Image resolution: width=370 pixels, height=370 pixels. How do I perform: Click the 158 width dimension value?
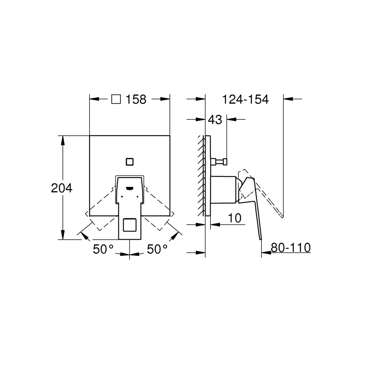pyautogui.click(x=136, y=99)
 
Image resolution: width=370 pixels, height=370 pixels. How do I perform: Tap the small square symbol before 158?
pyautogui.click(x=117, y=99)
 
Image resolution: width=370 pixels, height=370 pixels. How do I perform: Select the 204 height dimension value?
pyautogui.click(x=62, y=188)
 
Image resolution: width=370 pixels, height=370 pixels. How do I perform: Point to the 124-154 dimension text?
pyautogui.click(x=245, y=99)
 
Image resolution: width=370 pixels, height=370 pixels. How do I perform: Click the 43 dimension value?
pyautogui.click(x=215, y=120)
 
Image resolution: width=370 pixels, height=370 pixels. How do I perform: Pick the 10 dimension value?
pyautogui.click(x=234, y=218)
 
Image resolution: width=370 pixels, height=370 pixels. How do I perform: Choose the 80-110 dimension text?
pyautogui.click(x=290, y=247)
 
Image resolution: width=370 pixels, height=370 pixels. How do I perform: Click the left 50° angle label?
pyautogui.click(x=103, y=249)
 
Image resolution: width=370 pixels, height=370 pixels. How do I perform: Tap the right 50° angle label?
pyautogui.click(x=157, y=249)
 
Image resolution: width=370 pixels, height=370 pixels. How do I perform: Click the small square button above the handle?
pyautogui.click(x=130, y=161)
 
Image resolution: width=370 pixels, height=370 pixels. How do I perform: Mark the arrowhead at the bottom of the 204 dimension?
pyautogui.click(x=62, y=236)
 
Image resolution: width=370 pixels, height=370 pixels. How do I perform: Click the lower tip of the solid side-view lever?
pyautogui.click(x=261, y=239)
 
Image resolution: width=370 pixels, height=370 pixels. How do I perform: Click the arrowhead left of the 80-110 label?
pyautogui.click(x=265, y=253)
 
